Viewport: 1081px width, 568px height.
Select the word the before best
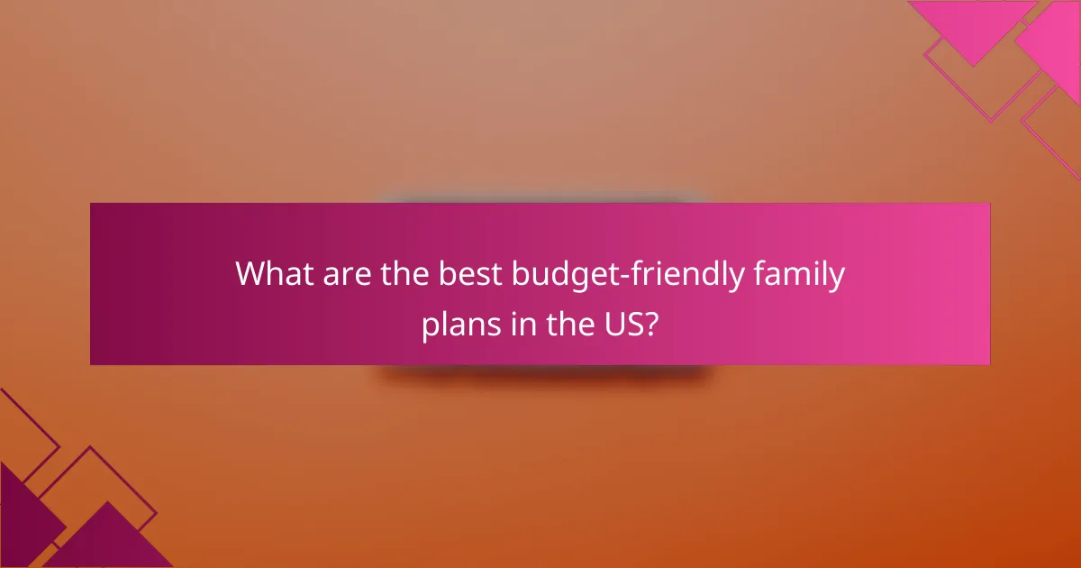[x=403, y=274]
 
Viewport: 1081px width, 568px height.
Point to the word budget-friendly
[x=628, y=274]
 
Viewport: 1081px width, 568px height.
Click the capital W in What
[x=252, y=274]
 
